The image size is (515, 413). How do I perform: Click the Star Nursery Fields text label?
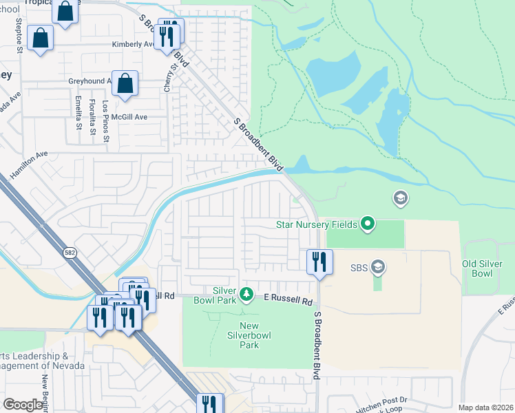pos(317,224)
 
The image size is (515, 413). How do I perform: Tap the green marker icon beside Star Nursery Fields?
pos(368,223)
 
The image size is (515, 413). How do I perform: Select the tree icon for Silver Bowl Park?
pos(246,295)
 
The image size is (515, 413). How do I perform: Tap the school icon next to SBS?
pos(377,266)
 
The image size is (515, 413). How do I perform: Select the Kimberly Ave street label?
pos(133,44)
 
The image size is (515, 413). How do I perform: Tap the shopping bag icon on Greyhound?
pos(125,84)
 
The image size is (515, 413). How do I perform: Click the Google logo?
pos(23,405)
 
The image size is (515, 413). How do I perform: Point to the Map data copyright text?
pos(485,407)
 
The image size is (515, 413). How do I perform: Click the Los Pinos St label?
pos(105,122)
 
